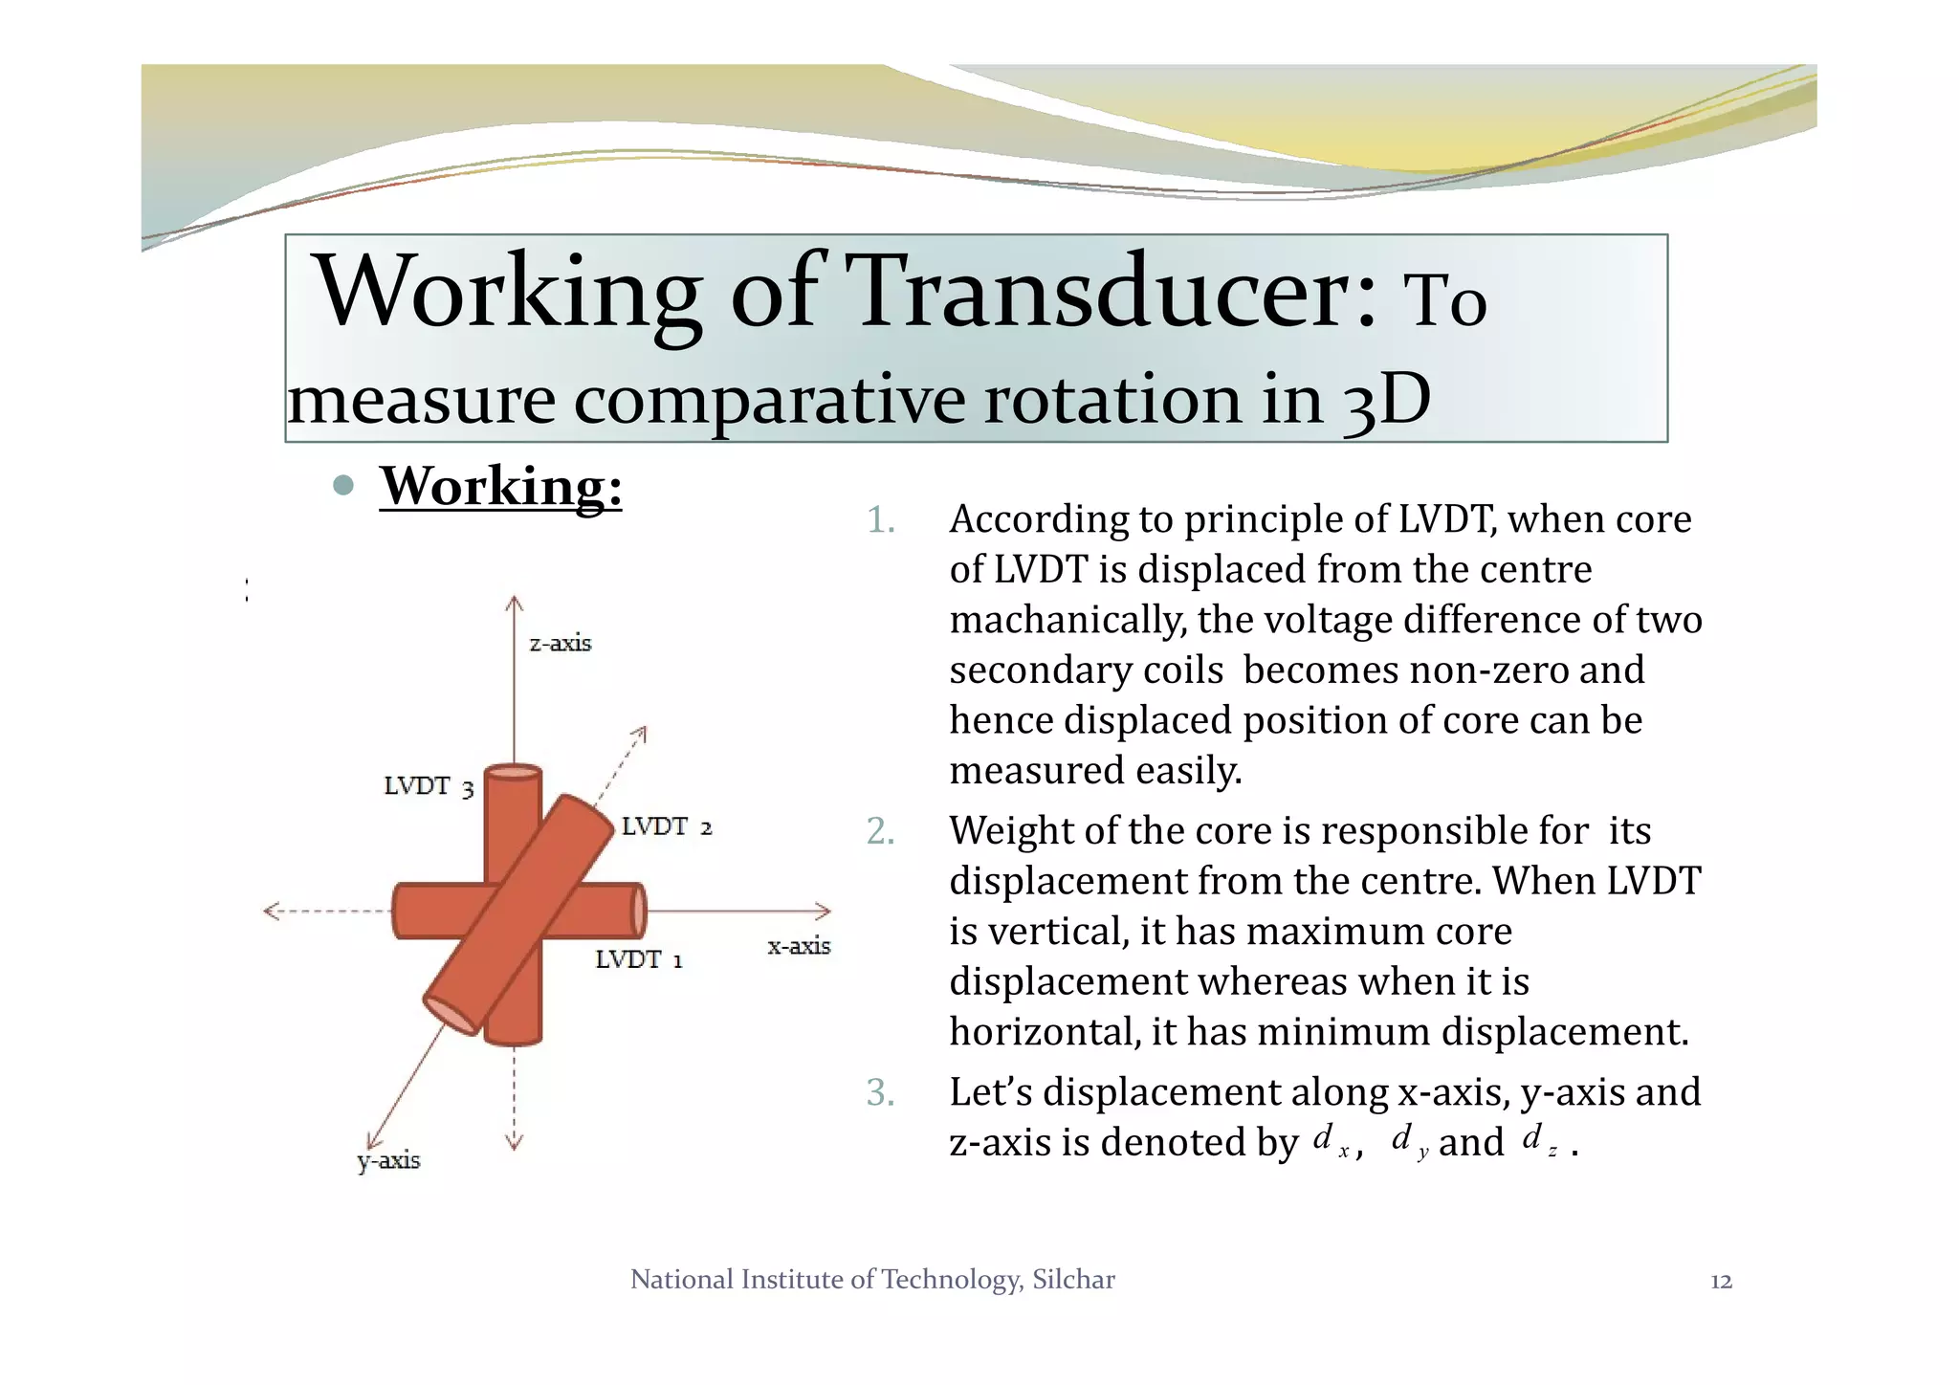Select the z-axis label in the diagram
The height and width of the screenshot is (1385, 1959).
(561, 644)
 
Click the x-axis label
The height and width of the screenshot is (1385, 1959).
(799, 946)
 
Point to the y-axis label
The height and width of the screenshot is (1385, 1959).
(388, 1161)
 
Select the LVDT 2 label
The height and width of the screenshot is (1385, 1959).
(667, 826)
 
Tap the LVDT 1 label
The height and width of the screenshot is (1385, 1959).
(638, 959)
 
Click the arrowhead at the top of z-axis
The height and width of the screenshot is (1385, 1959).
(515, 603)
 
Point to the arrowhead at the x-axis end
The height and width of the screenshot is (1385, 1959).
(823, 912)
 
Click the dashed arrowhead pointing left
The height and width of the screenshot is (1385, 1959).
(272, 912)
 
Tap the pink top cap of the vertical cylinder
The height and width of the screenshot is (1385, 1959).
(514, 772)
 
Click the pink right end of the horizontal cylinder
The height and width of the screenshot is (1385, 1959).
(638, 911)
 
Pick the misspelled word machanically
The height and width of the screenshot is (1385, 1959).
(1067, 620)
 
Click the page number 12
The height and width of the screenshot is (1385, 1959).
(1721, 1282)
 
